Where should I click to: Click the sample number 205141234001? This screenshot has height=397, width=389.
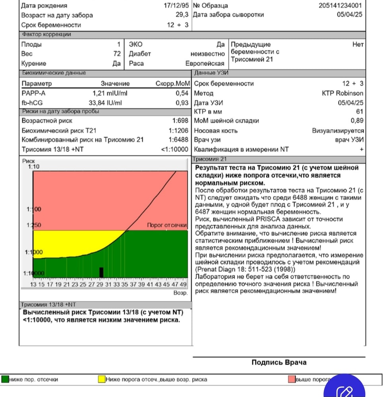[341, 6]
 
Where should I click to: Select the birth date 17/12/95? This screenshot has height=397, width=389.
[176, 6]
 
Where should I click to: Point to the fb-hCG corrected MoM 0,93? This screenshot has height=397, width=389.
[182, 103]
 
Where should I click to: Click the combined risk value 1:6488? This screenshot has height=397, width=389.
[180, 140]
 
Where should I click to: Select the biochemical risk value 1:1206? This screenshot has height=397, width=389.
[180, 130]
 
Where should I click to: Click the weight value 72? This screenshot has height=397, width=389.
[117, 54]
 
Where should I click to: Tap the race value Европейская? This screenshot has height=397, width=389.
[205, 64]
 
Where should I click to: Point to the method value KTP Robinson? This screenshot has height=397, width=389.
[343, 93]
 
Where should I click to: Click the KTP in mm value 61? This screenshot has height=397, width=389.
[360, 112]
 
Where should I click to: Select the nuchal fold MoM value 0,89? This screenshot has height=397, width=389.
[357, 121]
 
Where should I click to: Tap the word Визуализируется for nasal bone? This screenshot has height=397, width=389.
[338, 130]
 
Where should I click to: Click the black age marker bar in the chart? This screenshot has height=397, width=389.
[101, 272]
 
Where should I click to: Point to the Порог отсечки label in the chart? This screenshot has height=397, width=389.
[166, 225]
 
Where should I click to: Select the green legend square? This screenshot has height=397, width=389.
[5, 379]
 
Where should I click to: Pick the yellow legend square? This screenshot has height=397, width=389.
[102, 379]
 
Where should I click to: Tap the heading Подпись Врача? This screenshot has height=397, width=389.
[279, 362]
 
